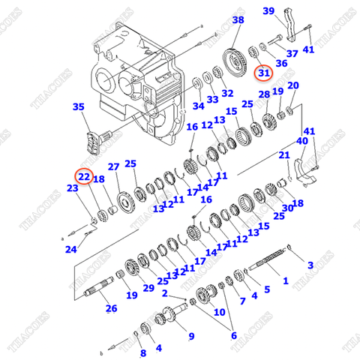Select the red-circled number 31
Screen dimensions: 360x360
click(x=263, y=73)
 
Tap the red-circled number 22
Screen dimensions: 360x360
click(x=84, y=176)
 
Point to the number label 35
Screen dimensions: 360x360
click(x=79, y=107)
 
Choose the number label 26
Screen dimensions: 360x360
click(x=110, y=308)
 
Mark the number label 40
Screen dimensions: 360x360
click(x=301, y=141)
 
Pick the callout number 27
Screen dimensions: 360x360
click(x=113, y=166)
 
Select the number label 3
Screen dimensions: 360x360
click(x=310, y=265)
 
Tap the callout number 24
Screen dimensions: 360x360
click(x=70, y=249)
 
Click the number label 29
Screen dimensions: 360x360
click(x=148, y=288)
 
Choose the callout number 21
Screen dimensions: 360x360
click(x=283, y=155)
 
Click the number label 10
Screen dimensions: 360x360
click(x=219, y=311)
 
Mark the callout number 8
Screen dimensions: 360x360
click(x=142, y=352)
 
